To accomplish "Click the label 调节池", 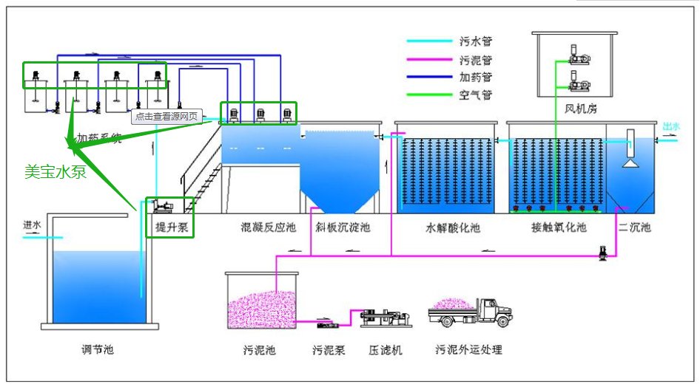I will point(98,349).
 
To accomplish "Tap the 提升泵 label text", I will point(170,227).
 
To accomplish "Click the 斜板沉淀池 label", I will point(343,227).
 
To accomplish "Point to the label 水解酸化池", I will point(452,227).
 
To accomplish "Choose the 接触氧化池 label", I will point(559,227).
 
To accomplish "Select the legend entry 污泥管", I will point(476,60).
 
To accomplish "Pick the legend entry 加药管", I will point(476,77).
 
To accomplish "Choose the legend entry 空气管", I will point(476,95).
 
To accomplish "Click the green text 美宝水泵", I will point(55,173).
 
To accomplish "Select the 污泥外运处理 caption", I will point(469,349).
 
